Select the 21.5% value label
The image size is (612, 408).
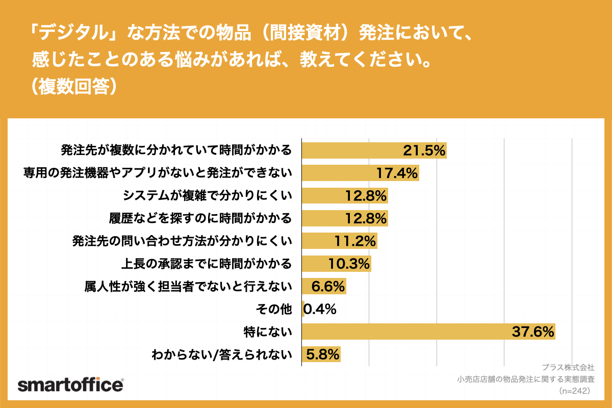tap(424, 150)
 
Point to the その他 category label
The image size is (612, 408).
tap(275, 309)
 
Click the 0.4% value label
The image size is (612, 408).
tap(320, 309)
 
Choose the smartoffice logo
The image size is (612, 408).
tap(70, 385)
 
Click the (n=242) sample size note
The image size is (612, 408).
tap(574, 391)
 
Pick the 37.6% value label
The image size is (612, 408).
tap(532, 332)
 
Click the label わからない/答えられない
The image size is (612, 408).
tap(222, 354)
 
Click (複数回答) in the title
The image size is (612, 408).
tap(75, 86)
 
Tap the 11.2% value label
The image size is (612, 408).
tap(354, 241)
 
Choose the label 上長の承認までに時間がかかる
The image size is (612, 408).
tap(206, 264)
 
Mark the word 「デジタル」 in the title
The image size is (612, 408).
tap(76, 34)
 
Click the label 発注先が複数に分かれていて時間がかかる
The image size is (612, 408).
tap(176, 150)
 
